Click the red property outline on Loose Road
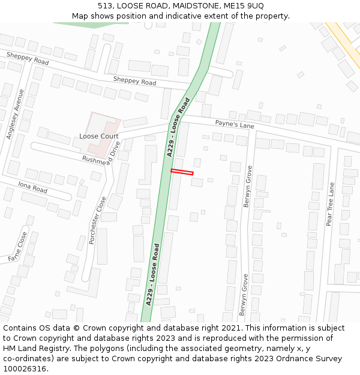pos(182,172)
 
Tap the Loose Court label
pos(99,136)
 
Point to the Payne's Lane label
pos(235,124)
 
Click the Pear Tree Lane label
pos(329,204)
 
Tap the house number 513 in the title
pos(105,6)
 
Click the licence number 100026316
pos(25,369)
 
